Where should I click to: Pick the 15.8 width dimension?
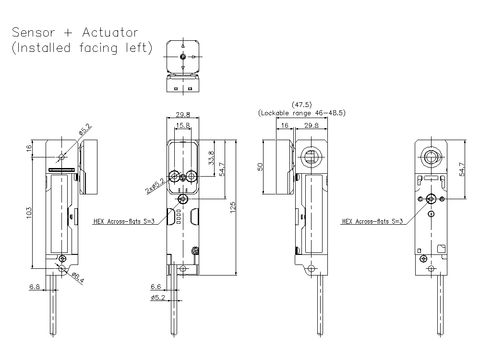182,126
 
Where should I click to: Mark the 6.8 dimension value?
35,287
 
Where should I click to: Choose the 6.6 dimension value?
156,287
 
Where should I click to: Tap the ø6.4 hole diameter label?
77,277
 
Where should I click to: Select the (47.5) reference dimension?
301,104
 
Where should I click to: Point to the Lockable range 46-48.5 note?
301,113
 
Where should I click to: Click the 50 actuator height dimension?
260,167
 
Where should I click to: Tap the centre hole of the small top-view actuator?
182,57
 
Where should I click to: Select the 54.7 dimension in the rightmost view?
462,169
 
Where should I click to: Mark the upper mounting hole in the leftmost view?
61,157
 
